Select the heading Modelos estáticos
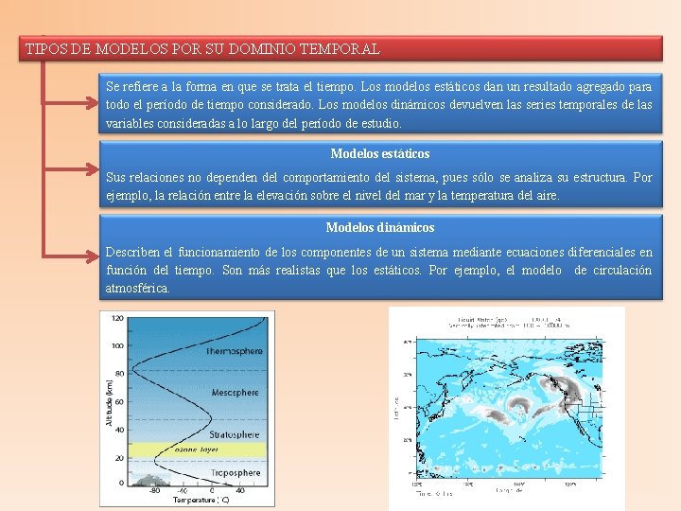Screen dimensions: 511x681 (379, 153)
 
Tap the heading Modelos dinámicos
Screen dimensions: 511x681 (379, 227)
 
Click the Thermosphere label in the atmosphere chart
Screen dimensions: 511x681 (234, 351)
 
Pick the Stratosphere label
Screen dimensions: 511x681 (234, 434)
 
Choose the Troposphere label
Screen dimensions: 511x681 (234, 471)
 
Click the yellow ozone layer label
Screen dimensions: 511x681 (197, 450)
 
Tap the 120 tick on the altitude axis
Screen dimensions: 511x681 (116, 318)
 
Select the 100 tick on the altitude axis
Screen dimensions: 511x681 (116, 345)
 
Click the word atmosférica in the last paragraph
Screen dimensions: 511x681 (138, 288)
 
